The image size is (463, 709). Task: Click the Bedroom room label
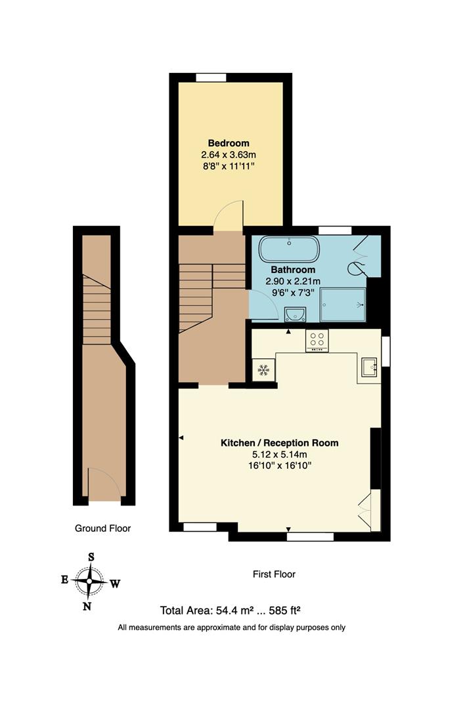point(229,143)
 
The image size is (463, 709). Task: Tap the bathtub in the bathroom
point(289,249)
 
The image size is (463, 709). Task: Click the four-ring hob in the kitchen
point(317,340)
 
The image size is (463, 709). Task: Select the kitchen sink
point(368,368)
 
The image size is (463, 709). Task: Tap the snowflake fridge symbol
point(263,370)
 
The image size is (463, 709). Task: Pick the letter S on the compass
point(91,557)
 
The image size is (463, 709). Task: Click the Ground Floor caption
point(102,528)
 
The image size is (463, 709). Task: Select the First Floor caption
point(274,574)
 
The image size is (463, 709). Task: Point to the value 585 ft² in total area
point(278,610)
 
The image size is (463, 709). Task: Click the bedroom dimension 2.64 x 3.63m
point(229,155)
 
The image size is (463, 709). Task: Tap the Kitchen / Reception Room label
point(279,443)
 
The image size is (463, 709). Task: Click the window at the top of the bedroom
point(211,77)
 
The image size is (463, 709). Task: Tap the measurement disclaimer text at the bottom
point(231,628)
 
